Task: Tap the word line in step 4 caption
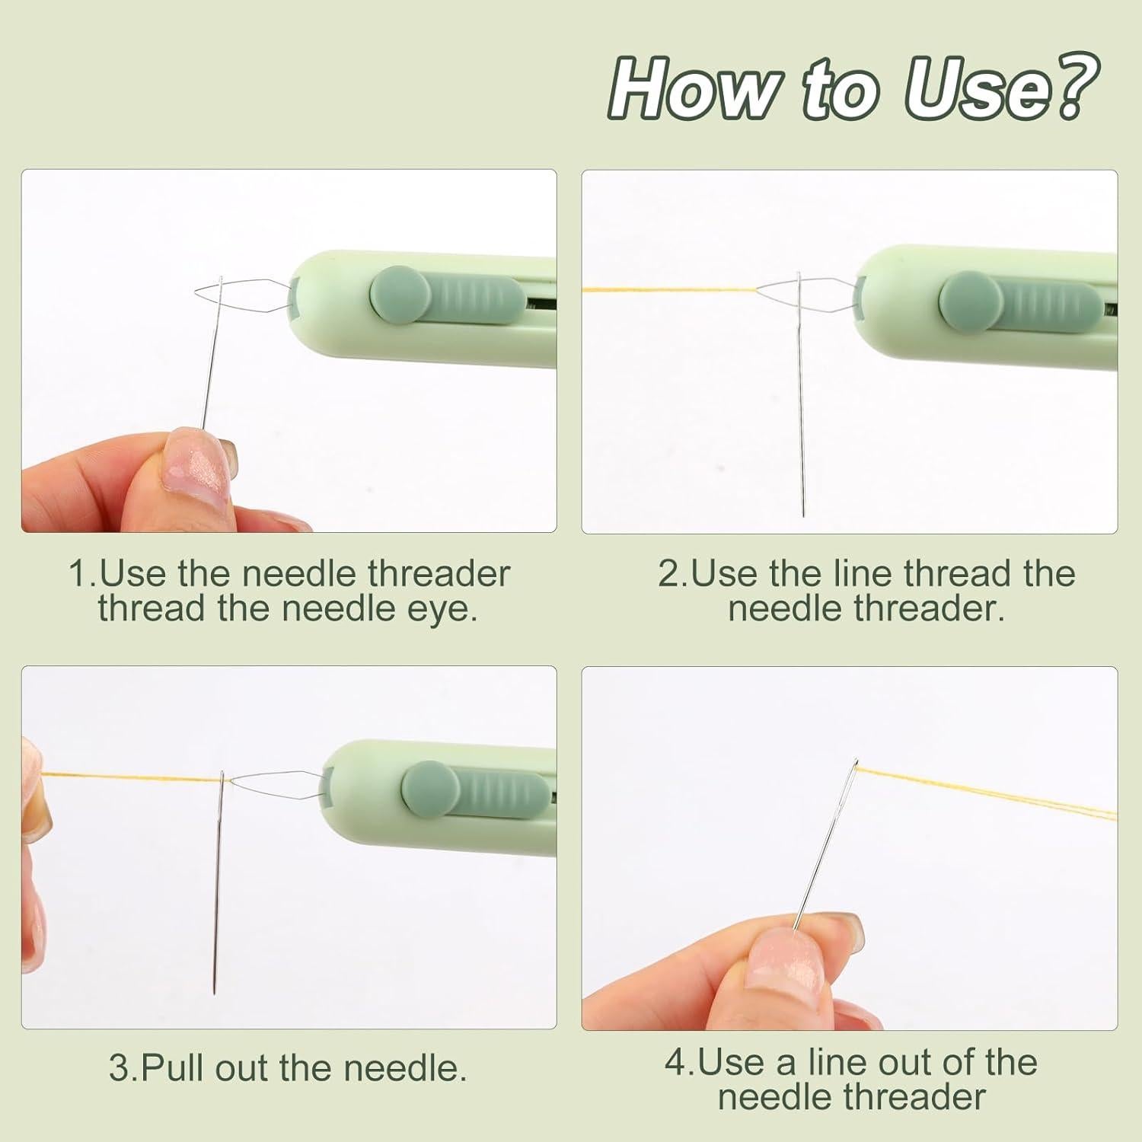click(x=831, y=1062)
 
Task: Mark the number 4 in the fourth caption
click(x=676, y=1063)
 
